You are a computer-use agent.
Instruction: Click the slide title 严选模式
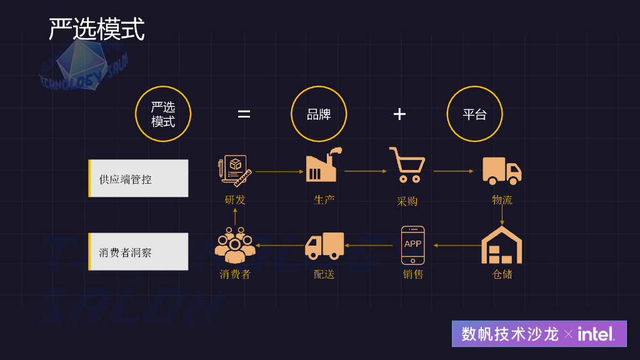coord(97,29)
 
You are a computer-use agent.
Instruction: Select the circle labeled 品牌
coord(319,114)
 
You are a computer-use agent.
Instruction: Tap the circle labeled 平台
coord(474,114)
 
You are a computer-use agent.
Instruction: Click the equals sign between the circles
coord(244,114)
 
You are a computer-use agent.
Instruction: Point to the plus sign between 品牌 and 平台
coord(399,114)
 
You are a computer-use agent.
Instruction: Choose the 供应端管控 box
coord(138,179)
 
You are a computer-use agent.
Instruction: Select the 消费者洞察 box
coord(138,252)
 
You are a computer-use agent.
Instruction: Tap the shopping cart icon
coord(407,165)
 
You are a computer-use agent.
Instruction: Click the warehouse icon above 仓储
coord(502,245)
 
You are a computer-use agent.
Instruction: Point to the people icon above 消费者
coord(235,245)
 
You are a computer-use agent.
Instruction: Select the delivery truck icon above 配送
coord(324,245)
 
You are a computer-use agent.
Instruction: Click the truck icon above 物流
coord(502,170)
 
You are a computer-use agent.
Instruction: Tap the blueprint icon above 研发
coord(235,170)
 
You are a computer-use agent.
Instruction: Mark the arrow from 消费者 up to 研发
coord(235,216)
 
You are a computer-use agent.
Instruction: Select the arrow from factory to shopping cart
coord(366,171)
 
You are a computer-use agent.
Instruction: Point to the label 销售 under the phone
coord(413,274)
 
